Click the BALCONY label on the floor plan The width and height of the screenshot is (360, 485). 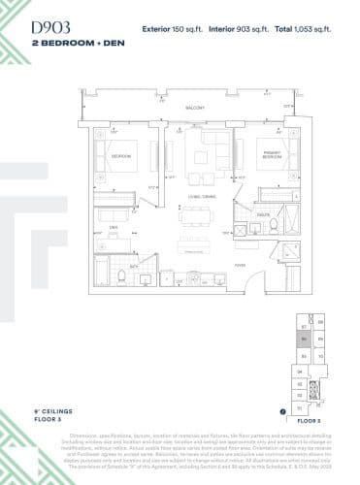coord(194,108)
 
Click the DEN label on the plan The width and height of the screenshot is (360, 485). coord(114,226)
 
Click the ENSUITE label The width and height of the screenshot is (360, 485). coord(264,213)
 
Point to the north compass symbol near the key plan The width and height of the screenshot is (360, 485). coord(281,411)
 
